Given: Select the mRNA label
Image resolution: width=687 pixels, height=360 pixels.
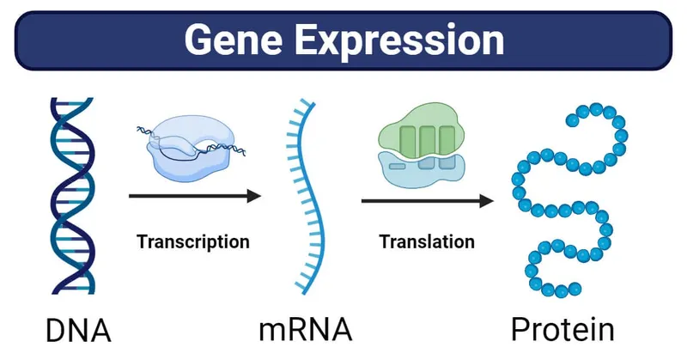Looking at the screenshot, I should pos(305,330).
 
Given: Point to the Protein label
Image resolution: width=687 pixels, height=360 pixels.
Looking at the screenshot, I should pos(562,330).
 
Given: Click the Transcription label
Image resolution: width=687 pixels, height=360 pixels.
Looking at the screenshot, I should pos(192,241).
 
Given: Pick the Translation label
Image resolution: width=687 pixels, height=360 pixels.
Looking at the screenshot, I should pos(427,241).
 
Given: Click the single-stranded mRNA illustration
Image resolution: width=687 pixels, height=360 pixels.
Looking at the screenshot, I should pos(305,198).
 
